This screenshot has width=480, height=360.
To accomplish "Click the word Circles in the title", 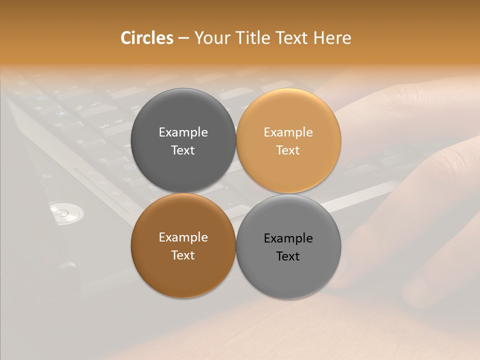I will [147, 38].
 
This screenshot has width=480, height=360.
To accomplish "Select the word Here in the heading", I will [332, 38].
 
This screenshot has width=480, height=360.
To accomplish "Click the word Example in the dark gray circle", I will [183, 132].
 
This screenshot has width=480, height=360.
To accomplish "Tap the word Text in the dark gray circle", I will [183, 150].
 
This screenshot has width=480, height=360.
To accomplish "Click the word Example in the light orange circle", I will [288, 132].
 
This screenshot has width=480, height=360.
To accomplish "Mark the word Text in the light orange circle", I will [288, 150].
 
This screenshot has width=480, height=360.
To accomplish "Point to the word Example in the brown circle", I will [183, 237].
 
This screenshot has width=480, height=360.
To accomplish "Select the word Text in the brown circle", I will [183, 255].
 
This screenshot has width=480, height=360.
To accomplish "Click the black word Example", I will [288, 238].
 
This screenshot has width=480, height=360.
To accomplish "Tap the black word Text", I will [288, 256].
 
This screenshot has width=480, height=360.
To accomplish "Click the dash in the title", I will [184, 38].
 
